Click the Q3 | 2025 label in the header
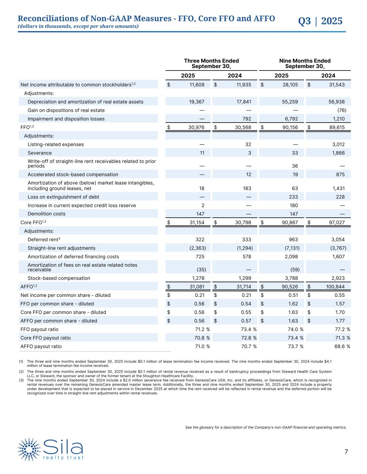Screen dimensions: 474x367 pyautogui.click(x=320, y=21)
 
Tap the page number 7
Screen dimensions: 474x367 pyautogui.click(x=346, y=451)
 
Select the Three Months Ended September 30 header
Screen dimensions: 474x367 pyautogui.click(x=211, y=64)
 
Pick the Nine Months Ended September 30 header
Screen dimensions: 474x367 pyautogui.click(x=305, y=64)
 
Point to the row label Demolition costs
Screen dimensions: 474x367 pyautogui.click(x=46, y=214)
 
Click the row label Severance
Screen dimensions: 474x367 pyautogui.click(x=40, y=153)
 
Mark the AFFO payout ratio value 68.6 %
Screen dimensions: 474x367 pyautogui.click(x=341, y=347)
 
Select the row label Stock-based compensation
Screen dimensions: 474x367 pyautogui.click(x=59, y=278)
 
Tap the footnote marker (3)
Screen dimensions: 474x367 pyautogui.click(x=21, y=381)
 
